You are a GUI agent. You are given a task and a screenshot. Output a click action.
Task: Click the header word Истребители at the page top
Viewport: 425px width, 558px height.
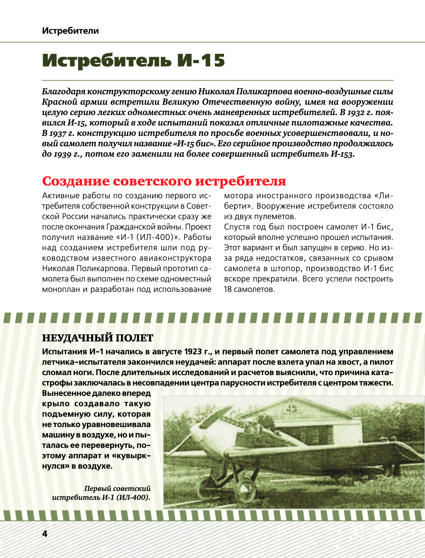coord(70,31)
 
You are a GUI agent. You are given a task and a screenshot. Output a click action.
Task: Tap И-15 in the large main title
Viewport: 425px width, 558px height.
coord(202,61)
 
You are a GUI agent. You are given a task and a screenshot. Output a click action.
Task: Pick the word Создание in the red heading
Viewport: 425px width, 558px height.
coord(76,181)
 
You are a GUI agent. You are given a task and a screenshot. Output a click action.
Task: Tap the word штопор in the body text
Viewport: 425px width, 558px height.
coord(290,268)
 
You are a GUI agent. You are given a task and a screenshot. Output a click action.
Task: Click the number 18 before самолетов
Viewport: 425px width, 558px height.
coord(228,289)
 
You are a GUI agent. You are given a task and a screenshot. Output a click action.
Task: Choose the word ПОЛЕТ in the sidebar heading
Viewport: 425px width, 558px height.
coord(135,338)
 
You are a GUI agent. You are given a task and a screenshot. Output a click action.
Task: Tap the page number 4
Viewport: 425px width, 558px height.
coord(45,534)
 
